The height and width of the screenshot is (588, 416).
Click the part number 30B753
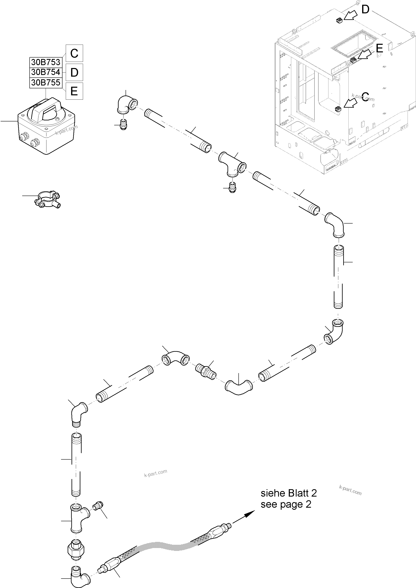pos(46,62)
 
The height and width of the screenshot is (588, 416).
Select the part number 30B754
pos(46,73)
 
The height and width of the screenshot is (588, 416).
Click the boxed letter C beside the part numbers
pos(74,53)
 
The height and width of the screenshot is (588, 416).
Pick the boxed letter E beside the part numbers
pos(74,91)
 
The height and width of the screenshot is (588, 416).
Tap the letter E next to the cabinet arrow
pos(379,48)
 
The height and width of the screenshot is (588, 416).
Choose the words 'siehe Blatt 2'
pos(289,493)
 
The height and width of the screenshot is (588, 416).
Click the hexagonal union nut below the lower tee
pos(76,549)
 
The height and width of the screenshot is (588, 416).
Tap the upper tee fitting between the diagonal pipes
pos(232,164)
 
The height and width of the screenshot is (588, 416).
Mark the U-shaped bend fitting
pos(239,388)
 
